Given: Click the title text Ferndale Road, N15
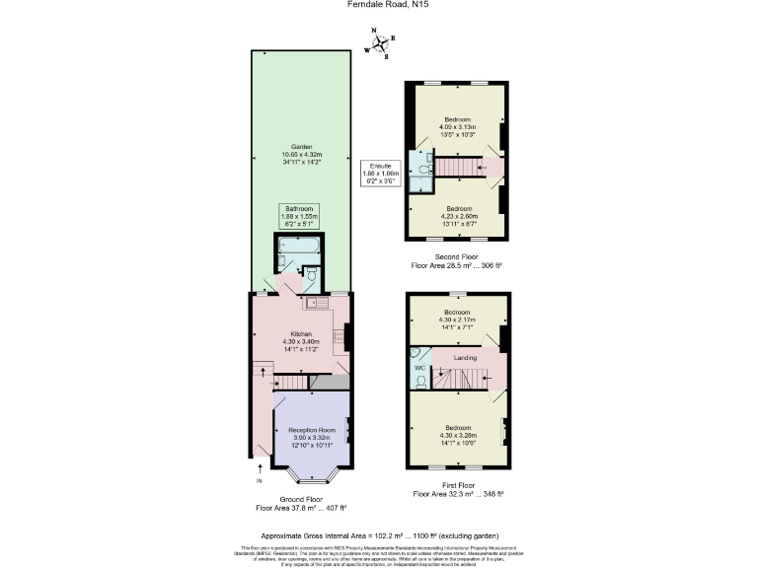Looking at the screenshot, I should click(379, 5).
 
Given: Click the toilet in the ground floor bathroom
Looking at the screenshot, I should click(310, 273).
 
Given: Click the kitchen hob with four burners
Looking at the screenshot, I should click(340, 336).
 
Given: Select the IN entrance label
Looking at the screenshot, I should click(260, 481).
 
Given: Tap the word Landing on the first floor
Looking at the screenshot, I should click(465, 358).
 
